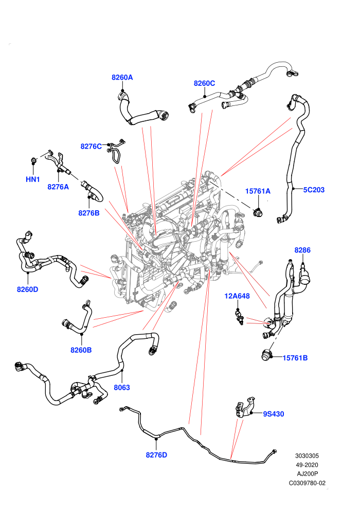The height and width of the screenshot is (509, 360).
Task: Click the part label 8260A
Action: point(122,77)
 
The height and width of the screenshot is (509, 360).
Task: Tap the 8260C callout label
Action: point(204,83)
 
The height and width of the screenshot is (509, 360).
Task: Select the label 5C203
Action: point(314,190)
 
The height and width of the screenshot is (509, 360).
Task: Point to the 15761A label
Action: point(258,191)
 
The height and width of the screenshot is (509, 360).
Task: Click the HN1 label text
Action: point(33,179)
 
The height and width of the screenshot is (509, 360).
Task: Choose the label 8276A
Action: point(58,187)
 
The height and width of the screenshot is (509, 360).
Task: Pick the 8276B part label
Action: point(88,213)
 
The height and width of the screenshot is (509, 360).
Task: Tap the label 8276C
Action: point(91,147)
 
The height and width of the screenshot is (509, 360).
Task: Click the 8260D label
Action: point(27,289)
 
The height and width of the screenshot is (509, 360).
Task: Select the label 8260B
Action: point(81,350)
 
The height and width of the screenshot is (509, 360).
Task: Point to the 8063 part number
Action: point(122,387)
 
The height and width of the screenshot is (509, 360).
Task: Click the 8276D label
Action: point(156,455)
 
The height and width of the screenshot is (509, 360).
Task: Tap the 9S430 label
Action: point(273,414)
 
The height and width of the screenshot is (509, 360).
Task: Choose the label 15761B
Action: point(295,358)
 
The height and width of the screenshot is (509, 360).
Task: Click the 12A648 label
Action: point(237,296)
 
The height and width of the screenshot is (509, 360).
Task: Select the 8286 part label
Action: point(302,250)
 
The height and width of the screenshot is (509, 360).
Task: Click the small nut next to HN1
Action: point(33,160)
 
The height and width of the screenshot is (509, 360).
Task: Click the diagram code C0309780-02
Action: point(307,483)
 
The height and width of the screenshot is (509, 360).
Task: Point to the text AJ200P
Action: point(308,474)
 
